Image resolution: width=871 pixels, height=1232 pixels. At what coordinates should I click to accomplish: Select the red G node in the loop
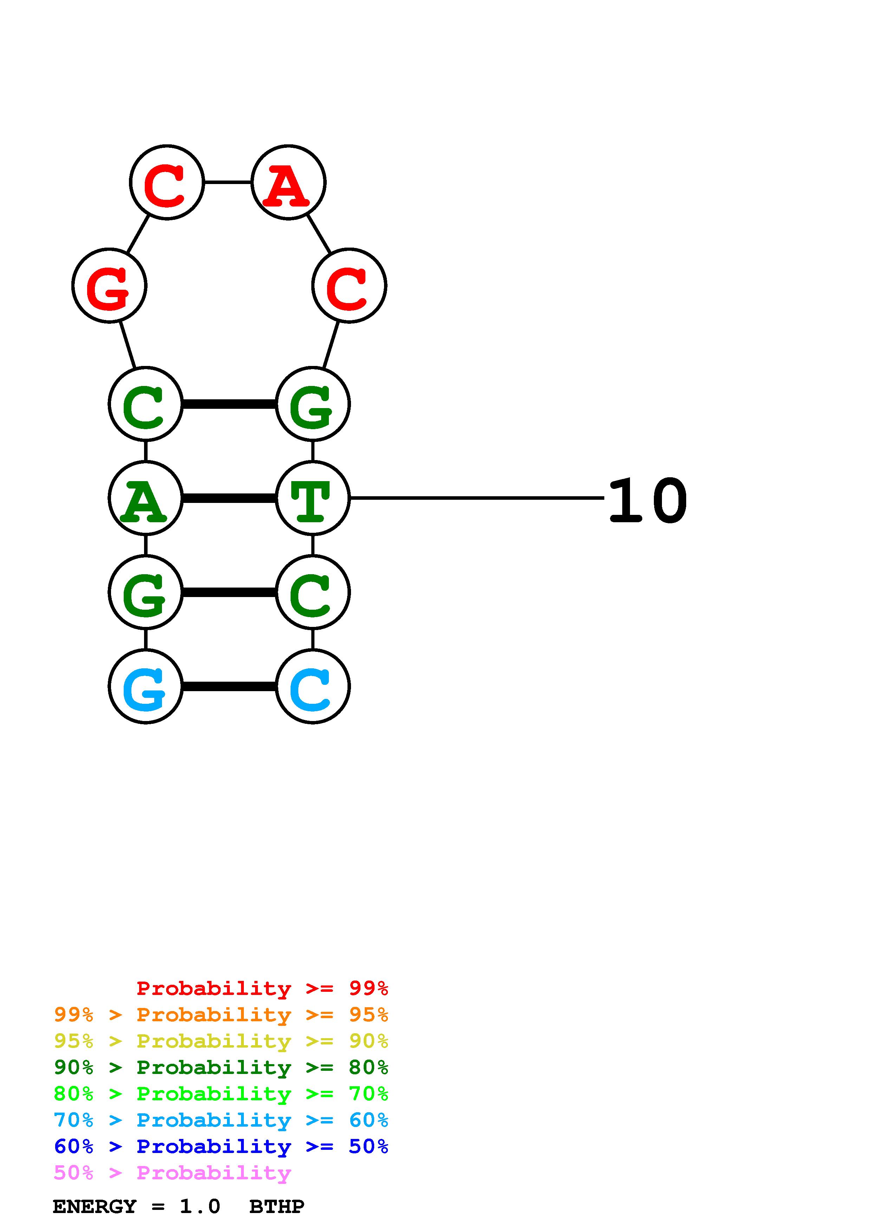110,286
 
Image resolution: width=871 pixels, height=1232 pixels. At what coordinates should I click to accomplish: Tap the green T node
312,498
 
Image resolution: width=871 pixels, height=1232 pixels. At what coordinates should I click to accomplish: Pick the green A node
145,498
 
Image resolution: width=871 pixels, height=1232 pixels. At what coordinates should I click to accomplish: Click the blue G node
145,686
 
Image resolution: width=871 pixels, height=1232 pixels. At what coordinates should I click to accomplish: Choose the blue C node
312,686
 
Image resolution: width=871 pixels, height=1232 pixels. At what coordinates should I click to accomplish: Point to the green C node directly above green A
145,404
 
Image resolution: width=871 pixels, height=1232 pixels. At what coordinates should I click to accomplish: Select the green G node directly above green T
312,404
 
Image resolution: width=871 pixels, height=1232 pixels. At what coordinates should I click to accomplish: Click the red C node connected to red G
167,182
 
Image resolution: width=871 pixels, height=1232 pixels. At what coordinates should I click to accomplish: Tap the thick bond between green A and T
229,498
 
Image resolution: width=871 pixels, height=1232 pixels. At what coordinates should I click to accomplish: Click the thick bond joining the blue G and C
229,686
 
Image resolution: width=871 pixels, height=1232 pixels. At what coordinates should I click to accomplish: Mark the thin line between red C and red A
228,182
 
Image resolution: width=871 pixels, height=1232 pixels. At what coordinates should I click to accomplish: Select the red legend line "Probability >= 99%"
262,988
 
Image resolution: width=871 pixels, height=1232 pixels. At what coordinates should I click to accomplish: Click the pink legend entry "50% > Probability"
172,1173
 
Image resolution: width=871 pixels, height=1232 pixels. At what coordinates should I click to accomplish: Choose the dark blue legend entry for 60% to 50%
221,1147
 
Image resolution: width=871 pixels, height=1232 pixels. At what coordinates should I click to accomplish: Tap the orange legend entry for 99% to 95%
221,1015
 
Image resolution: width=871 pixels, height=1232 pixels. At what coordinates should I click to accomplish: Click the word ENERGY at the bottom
95,1207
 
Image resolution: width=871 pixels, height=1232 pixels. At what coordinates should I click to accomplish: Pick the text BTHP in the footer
277,1207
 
